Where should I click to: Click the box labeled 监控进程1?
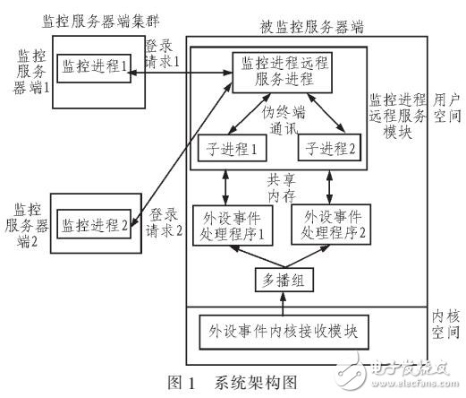point(92,65)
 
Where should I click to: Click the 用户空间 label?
point(445,108)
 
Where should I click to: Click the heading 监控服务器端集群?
point(90,19)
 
